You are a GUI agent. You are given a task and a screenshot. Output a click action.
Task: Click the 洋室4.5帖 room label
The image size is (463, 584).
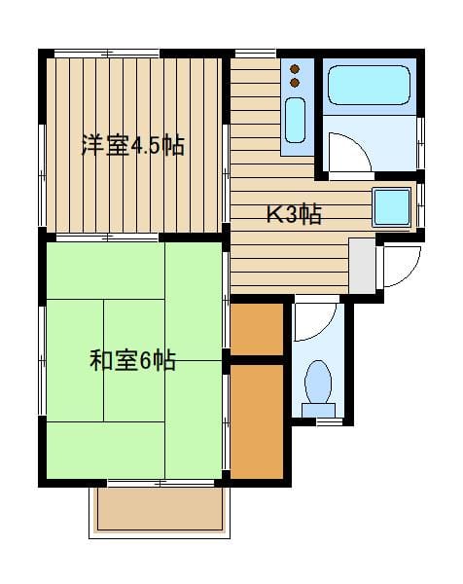pos(132,146)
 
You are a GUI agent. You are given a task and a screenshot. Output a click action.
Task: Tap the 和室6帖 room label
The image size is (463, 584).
pos(132,361)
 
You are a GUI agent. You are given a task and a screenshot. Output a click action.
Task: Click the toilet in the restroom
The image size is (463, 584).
pos(318,384)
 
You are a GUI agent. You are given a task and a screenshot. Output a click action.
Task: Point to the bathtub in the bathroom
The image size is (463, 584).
pos(368,86)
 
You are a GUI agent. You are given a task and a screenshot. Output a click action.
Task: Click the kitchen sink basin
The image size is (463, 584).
pos(296,119)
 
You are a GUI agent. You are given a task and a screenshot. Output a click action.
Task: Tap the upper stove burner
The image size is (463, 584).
pos(296,69)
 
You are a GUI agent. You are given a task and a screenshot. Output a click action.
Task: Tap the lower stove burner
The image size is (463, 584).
pos(296,84)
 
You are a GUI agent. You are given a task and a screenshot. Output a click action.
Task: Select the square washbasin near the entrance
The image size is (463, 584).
pos(392,207)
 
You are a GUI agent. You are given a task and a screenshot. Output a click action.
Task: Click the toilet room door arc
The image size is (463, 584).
pos(313,322)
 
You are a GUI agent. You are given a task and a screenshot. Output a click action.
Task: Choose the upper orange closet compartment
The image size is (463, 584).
pos(257,332)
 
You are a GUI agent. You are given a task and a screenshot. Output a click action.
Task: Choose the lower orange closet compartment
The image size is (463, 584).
pos(257,420)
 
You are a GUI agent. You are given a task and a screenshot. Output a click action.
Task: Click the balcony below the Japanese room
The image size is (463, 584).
pos(160,508)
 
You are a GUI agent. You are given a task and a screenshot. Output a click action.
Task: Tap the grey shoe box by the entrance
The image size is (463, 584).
pos(362,265)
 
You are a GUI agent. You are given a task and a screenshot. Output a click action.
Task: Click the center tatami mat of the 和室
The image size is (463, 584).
pos(134,331)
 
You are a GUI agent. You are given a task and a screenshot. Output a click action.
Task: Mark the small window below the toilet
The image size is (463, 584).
pos(330,422)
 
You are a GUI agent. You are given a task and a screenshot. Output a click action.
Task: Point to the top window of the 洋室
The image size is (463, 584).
pos(107,53)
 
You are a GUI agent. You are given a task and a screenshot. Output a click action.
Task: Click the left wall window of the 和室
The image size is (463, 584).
pos(42,360)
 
